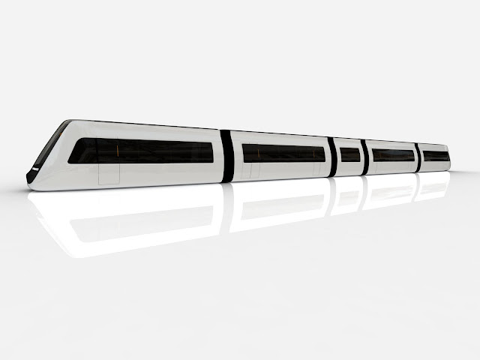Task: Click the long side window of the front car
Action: click(x=142, y=151)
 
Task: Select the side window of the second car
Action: click(x=283, y=153)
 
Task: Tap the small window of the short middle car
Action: click(x=349, y=154)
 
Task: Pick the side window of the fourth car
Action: click(x=393, y=155)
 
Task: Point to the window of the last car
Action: click(x=435, y=156)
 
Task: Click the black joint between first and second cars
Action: click(x=227, y=156)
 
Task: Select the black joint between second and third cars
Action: click(x=331, y=157)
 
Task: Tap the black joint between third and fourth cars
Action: click(x=364, y=157)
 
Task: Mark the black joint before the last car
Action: click(x=418, y=157)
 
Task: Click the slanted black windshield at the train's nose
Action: click(x=46, y=150)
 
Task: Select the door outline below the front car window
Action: click(x=109, y=172)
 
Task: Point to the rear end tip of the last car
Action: click(x=450, y=160)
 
